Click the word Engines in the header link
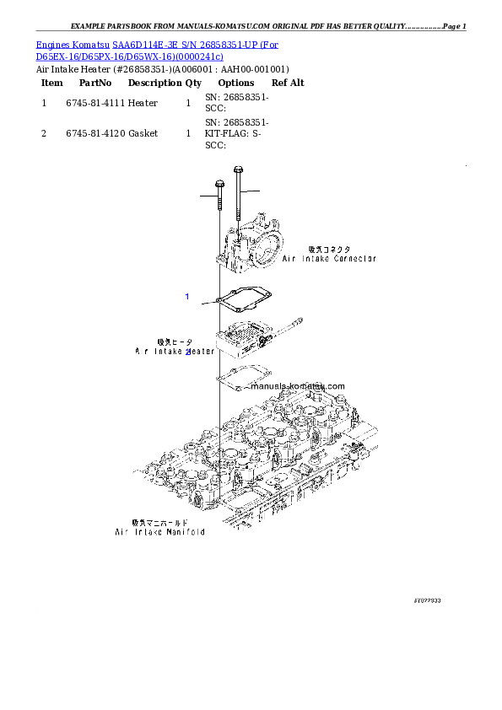pyautogui.click(x=51, y=44)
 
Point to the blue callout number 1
pyautogui.click(x=187, y=297)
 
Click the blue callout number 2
pyautogui.click(x=188, y=352)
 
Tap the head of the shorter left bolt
pyautogui.click(x=219, y=184)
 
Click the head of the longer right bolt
pyautogui.click(x=239, y=169)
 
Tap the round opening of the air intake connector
pyautogui.click(x=267, y=249)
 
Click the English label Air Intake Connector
pyautogui.click(x=328, y=259)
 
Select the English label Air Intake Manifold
pyautogui.click(x=159, y=533)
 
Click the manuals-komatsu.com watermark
pyautogui.click(x=297, y=386)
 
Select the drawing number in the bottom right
pyautogui.click(x=427, y=600)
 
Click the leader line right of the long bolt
pyautogui.click(x=251, y=192)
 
